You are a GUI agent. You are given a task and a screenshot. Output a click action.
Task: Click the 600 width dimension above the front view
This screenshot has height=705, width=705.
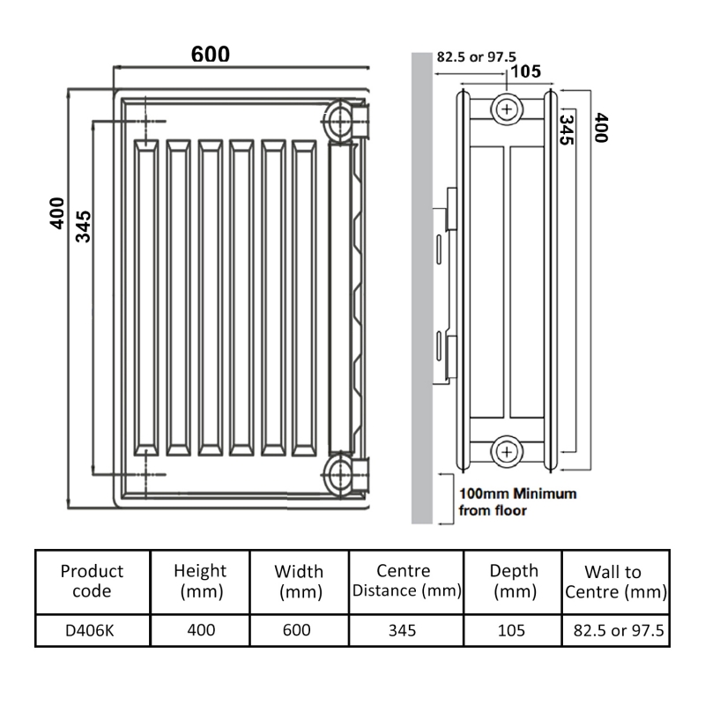[x=211, y=55]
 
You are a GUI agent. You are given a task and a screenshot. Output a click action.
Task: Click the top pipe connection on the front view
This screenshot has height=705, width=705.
[x=341, y=117]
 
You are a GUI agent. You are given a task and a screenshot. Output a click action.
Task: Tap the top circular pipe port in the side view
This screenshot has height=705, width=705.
[x=508, y=110]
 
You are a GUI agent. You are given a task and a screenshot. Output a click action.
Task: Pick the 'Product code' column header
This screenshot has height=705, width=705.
[x=93, y=582]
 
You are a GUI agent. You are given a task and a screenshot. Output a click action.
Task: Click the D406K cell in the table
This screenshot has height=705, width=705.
[x=93, y=630]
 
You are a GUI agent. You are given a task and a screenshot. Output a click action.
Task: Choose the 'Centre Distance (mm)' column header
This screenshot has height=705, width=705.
[x=407, y=582]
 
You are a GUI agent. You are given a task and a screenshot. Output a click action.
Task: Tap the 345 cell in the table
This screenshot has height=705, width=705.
[x=407, y=630]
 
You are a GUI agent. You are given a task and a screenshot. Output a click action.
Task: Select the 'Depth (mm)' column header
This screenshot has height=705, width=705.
[x=514, y=582]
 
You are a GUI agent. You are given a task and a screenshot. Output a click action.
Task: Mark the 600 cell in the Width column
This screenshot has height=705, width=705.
[x=301, y=630]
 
